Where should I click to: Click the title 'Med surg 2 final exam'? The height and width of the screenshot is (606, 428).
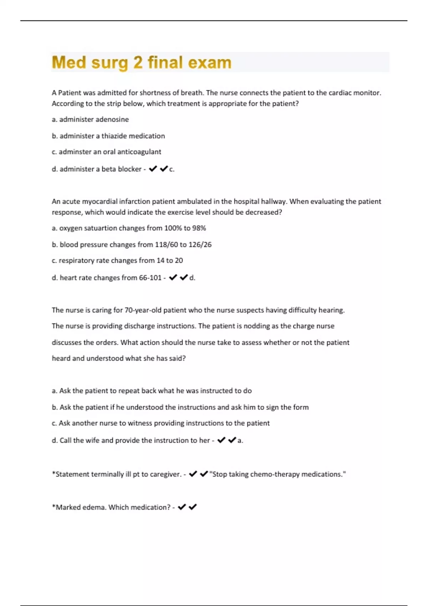[142, 62]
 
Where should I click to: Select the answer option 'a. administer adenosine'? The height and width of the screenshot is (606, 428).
[90, 119]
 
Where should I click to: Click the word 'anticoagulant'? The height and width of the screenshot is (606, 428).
[139, 152]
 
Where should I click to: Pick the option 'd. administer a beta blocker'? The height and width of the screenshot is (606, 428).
[97, 169]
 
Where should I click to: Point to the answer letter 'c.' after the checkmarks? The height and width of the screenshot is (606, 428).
[172, 169]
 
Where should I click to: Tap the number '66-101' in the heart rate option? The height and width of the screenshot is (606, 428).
[150, 278]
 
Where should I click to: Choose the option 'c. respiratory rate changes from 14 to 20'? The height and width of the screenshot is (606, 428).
[117, 261]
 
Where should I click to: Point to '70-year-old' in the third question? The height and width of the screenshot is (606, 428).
[143, 310]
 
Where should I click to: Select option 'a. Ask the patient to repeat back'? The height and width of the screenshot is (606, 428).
[152, 391]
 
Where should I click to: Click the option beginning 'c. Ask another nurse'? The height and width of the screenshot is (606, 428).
[160, 423]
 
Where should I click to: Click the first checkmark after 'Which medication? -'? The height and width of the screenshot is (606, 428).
[182, 507]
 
